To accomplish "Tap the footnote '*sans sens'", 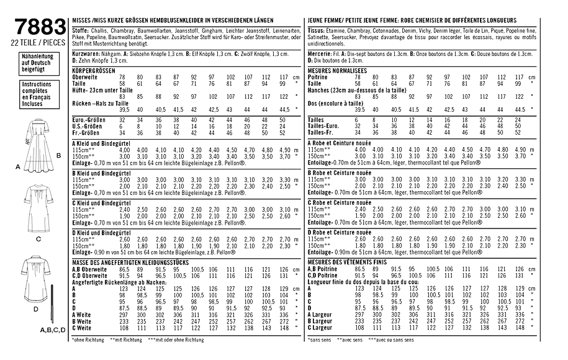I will (320, 340).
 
